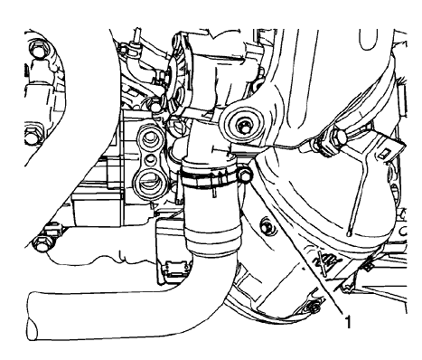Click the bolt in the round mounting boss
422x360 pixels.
(244, 123)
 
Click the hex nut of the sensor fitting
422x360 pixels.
(337, 138)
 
